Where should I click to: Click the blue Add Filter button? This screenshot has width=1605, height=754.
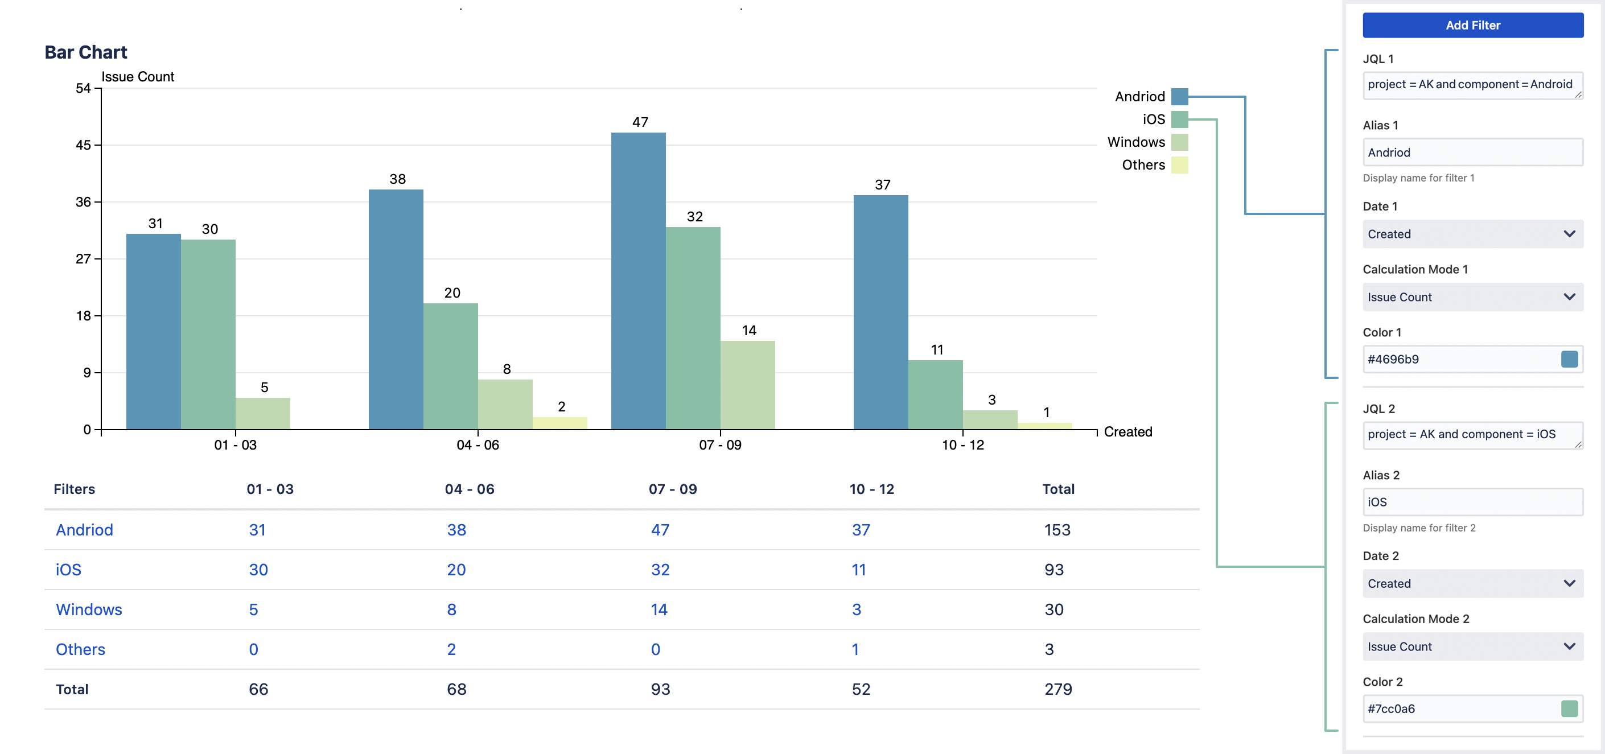point(1472,25)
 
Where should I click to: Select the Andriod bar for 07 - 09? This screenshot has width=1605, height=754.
point(638,281)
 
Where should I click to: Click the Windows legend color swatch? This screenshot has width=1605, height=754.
point(1179,142)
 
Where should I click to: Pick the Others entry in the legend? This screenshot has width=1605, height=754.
point(1143,165)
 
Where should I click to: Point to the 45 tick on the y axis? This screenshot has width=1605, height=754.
point(83,145)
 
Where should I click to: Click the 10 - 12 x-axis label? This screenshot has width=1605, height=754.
point(962,445)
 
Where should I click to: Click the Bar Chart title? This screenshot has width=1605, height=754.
point(86,52)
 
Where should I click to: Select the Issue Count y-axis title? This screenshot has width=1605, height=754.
point(138,77)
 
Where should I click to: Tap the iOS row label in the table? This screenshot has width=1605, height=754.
point(68,570)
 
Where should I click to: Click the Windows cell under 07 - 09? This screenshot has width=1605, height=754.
point(659,609)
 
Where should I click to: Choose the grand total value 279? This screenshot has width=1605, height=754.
point(1058,689)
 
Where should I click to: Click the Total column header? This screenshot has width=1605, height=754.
point(1058,489)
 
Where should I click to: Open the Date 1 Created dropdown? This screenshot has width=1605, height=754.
point(1472,234)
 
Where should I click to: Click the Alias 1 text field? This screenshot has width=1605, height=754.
point(1472,153)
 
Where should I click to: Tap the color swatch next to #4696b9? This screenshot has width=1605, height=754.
point(1569,359)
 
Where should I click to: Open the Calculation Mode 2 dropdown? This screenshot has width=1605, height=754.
point(1472,647)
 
